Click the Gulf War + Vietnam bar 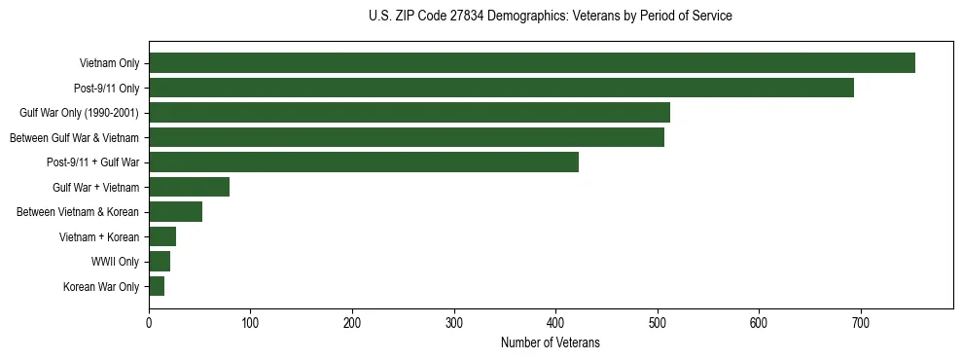pos(190,187)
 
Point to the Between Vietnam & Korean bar pos(176,211)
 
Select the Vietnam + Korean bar pos(162,236)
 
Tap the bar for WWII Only pos(160,261)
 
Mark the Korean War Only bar pos(157,286)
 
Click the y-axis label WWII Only pos(116,262)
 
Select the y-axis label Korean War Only pos(101,287)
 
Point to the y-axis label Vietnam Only pos(109,64)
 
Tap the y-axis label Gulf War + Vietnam pos(95,188)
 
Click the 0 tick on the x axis pos(149,322)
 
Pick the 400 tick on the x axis pos(555,322)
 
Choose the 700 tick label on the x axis pos(861,322)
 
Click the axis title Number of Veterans pos(550,342)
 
